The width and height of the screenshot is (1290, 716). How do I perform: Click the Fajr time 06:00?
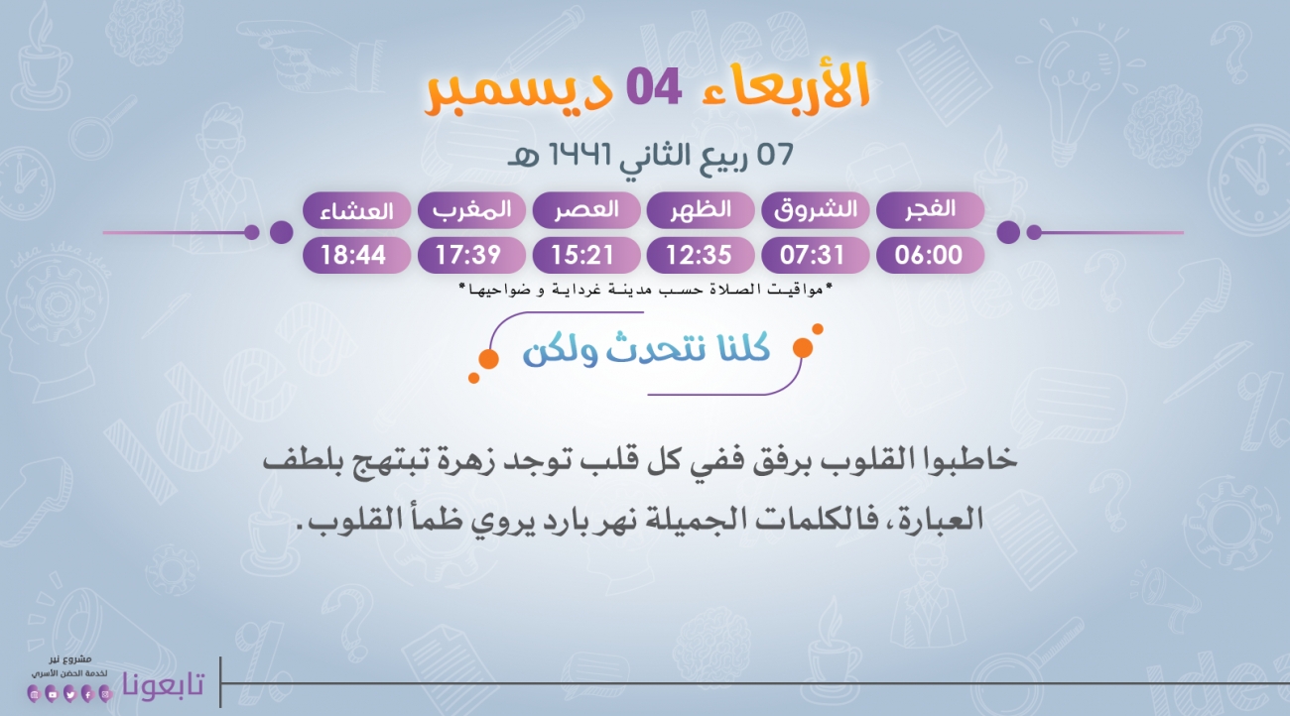pos(930,255)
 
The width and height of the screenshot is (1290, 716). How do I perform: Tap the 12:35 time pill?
pos(701,255)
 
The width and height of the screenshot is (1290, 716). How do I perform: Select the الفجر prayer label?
pos(930,210)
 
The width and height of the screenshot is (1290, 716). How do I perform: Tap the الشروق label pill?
pos(815,210)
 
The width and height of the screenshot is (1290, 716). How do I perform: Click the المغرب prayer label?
pos(471,210)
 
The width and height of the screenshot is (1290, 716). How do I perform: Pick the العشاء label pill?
pos(356,210)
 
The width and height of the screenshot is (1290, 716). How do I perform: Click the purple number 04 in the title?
pos(653,87)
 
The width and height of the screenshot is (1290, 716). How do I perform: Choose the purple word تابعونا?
pos(164,684)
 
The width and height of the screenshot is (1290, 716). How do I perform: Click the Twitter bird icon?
pos(69,694)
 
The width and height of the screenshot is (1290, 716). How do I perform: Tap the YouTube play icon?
pos(52,694)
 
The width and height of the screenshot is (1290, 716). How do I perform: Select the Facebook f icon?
pos(87,694)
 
